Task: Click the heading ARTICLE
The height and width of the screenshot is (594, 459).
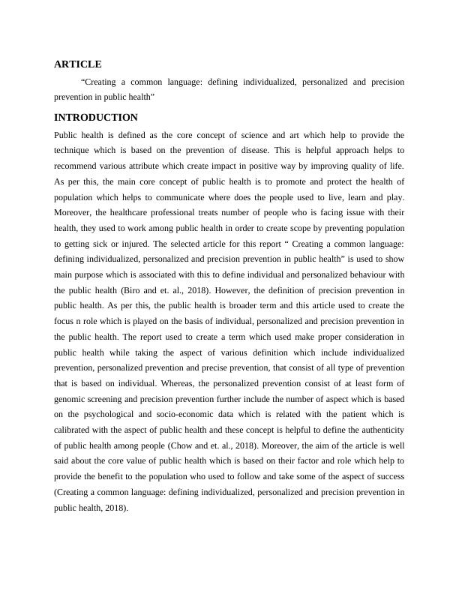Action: click(x=77, y=64)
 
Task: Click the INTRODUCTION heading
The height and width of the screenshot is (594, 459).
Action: click(x=96, y=118)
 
